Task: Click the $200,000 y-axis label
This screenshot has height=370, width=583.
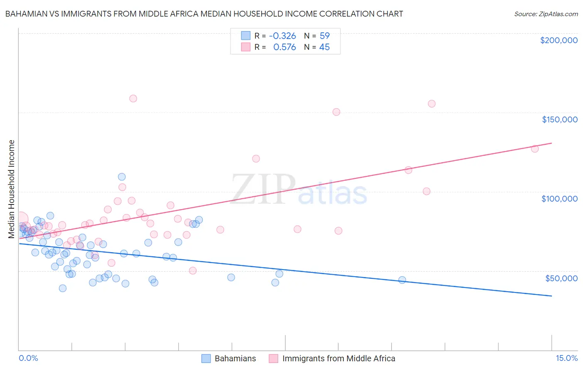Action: [x=559, y=40]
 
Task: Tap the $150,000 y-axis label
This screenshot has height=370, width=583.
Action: [x=559, y=119]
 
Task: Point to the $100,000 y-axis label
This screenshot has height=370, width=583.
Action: [x=559, y=199]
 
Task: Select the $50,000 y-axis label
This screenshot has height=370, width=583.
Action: [x=561, y=278]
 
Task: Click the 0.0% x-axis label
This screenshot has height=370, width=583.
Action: [x=28, y=358]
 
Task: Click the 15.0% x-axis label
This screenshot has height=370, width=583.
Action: [x=566, y=358]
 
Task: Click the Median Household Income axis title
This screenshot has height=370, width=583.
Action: [x=12, y=189]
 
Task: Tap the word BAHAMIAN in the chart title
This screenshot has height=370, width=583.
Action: [x=24, y=14]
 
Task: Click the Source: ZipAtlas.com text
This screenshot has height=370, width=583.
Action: [x=546, y=14]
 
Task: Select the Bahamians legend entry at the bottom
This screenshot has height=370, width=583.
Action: [x=235, y=358]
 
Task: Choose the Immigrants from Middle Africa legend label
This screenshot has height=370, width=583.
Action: [x=339, y=358]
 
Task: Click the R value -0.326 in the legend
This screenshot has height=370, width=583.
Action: [x=282, y=36]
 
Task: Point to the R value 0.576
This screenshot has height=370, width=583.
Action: [x=284, y=47]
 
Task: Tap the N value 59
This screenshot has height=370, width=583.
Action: [x=325, y=36]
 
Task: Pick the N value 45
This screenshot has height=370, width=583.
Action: [x=325, y=47]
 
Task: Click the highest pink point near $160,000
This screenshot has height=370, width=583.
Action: [x=133, y=98]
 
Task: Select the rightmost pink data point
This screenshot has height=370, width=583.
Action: [x=535, y=148]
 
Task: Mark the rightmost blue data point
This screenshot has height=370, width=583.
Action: [x=402, y=280]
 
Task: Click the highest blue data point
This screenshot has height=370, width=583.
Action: [x=121, y=177]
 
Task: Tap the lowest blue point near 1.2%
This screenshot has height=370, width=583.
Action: [x=63, y=288]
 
